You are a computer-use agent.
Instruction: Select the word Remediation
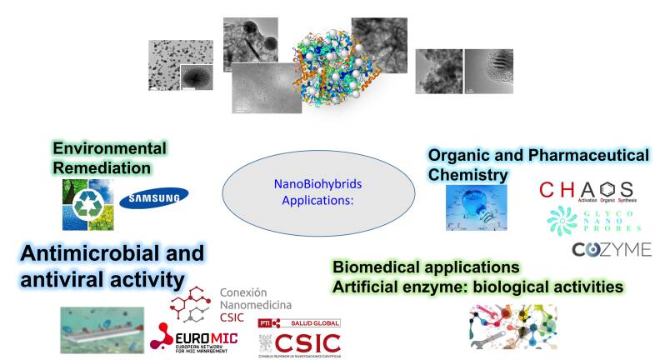point(102,167)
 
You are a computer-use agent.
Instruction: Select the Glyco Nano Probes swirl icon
point(562,221)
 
